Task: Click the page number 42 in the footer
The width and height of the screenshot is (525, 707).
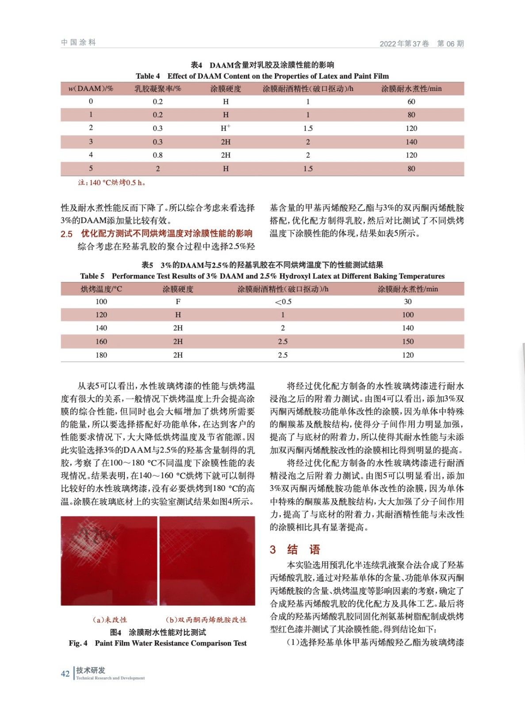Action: coord(65,673)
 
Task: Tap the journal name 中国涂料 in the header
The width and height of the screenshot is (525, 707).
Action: coord(78,42)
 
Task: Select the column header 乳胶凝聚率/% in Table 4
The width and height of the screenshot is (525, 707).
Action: coord(158,89)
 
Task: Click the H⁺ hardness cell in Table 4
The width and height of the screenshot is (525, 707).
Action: coord(226,128)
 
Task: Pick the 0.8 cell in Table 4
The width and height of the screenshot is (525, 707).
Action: coord(158,155)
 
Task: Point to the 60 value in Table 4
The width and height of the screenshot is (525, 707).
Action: coord(411,102)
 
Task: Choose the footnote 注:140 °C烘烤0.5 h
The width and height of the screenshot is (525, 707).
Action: coord(112,182)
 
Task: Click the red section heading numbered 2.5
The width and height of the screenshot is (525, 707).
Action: coord(157,233)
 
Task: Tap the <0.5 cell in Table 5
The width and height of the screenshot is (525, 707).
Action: coord(283,302)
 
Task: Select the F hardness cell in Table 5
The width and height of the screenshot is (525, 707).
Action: coord(178,302)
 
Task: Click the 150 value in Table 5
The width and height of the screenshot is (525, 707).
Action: coord(408,342)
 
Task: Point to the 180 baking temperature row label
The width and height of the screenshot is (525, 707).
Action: coord(101,355)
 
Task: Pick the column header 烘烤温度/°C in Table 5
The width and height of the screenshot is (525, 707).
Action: coord(101,289)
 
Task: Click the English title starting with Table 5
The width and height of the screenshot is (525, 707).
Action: coord(262,276)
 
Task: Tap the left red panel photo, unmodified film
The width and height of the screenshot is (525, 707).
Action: coord(109,560)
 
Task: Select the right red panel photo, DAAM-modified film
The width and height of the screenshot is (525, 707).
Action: coord(207,560)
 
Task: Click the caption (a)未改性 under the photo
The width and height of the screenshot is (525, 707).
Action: coord(109,620)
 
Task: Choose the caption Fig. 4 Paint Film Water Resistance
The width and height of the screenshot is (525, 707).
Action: coord(158,643)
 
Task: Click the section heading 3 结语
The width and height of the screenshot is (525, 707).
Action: coord(295,550)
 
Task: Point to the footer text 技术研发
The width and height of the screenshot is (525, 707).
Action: coord(91,670)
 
